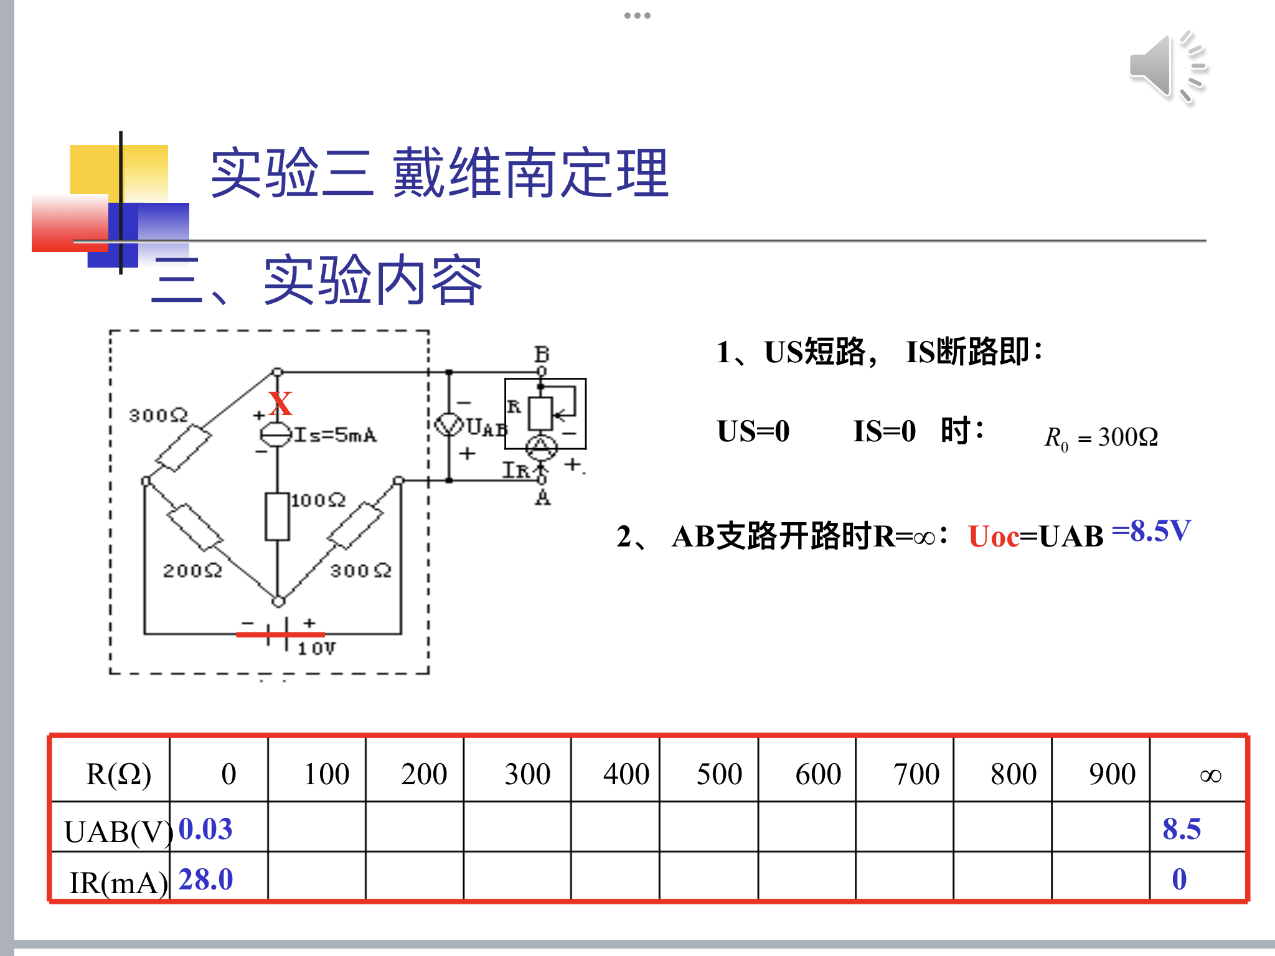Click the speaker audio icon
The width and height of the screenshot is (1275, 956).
click(1167, 67)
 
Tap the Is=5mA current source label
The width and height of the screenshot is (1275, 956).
click(336, 434)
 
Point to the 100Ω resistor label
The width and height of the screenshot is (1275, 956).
click(318, 500)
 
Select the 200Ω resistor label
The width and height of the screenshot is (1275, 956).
click(192, 570)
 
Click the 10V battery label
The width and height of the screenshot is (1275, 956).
click(316, 649)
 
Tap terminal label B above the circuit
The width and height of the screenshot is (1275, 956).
click(542, 354)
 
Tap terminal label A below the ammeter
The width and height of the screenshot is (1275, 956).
click(543, 498)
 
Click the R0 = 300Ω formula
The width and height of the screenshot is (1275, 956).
click(1101, 437)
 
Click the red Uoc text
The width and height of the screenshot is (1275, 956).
click(994, 537)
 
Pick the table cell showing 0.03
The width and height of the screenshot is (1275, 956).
click(205, 829)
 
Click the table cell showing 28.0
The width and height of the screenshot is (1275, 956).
click(205, 879)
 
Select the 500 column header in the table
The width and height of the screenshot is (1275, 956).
click(719, 774)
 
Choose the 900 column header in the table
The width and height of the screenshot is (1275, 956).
click(1112, 774)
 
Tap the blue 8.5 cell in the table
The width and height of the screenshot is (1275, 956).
click(1182, 829)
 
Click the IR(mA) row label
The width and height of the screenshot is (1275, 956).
click(118, 883)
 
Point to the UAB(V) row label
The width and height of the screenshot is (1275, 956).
click(118, 832)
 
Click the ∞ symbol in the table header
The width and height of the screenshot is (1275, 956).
click(1210, 776)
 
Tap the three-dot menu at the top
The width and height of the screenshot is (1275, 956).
click(637, 16)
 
